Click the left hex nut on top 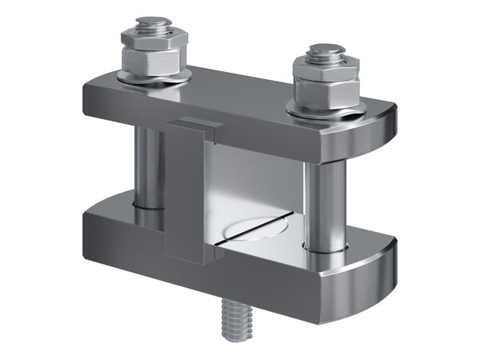[152, 56]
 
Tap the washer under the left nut [154, 76]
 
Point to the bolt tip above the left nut [151, 25]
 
